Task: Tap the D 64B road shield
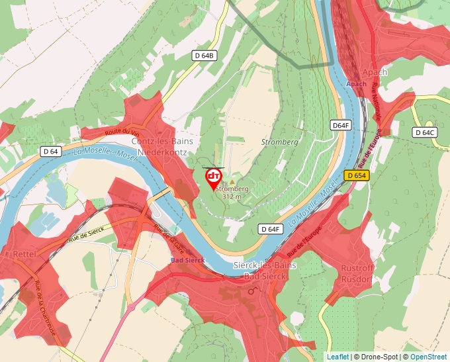coord(205,56)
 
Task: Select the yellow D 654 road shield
coord(355,175)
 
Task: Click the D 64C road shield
coord(425,132)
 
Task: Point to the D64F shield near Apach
coord(340,125)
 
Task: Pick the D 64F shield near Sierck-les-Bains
coord(270,229)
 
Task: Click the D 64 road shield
coord(50,152)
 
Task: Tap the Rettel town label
coord(24,253)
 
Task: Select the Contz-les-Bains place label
coord(158,142)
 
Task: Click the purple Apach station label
coord(356,84)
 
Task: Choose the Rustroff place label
coord(358,268)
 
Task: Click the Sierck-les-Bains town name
coord(265,265)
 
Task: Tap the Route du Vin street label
coord(122,132)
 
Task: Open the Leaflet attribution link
coord(337,357)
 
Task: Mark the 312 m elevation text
coord(232,197)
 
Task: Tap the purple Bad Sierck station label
coord(188,259)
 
